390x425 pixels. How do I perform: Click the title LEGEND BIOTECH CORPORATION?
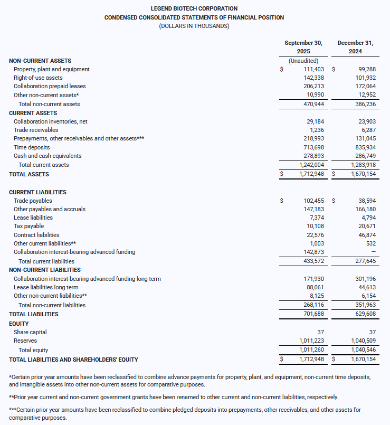point(194,8)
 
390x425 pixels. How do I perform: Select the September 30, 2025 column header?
point(303,47)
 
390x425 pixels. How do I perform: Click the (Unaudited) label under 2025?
point(303,61)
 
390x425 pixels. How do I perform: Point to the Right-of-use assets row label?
point(38,78)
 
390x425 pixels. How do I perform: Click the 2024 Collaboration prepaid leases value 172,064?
point(364,86)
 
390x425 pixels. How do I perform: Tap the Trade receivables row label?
point(36,130)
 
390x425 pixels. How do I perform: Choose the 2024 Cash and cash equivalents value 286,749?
point(364,156)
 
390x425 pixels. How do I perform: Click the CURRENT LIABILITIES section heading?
point(37,192)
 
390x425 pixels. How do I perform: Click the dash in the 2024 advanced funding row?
point(373,252)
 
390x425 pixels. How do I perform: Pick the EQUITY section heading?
point(19,324)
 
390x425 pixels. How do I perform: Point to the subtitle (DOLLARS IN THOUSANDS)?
point(194,26)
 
